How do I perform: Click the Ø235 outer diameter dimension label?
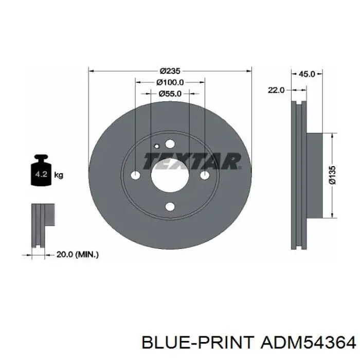pyautogui.click(x=170, y=71)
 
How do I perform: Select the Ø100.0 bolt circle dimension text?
pyautogui.click(x=170, y=82)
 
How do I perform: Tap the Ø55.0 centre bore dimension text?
pyautogui.click(x=170, y=94)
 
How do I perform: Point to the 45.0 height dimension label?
pyautogui.click(x=307, y=74)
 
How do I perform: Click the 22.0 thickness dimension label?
pyautogui.click(x=276, y=90)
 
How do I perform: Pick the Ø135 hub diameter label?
pyautogui.click(x=332, y=175)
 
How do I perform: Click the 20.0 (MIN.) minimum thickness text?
pyautogui.click(x=78, y=255)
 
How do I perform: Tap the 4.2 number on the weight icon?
pyautogui.click(x=41, y=174)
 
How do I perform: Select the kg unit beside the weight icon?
pyautogui.click(x=59, y=175)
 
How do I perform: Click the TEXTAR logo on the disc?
pyautogui.click(x=192, y=161)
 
